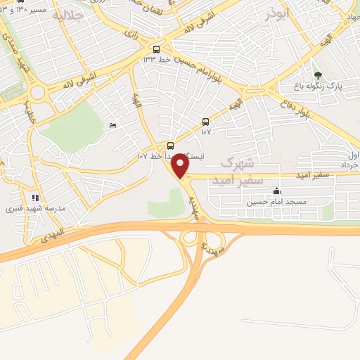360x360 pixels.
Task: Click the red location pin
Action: click(x=181, y=166)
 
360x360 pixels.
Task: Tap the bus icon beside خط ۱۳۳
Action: click(x=156, y=50)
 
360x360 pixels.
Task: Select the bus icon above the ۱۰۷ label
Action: click(x=205, y=121)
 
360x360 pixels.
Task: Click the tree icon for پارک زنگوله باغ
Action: click(x=318, y=75)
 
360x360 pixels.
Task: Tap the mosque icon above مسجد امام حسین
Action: click(x=277, y=191)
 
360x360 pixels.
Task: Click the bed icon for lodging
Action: click(x=113, y=125)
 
